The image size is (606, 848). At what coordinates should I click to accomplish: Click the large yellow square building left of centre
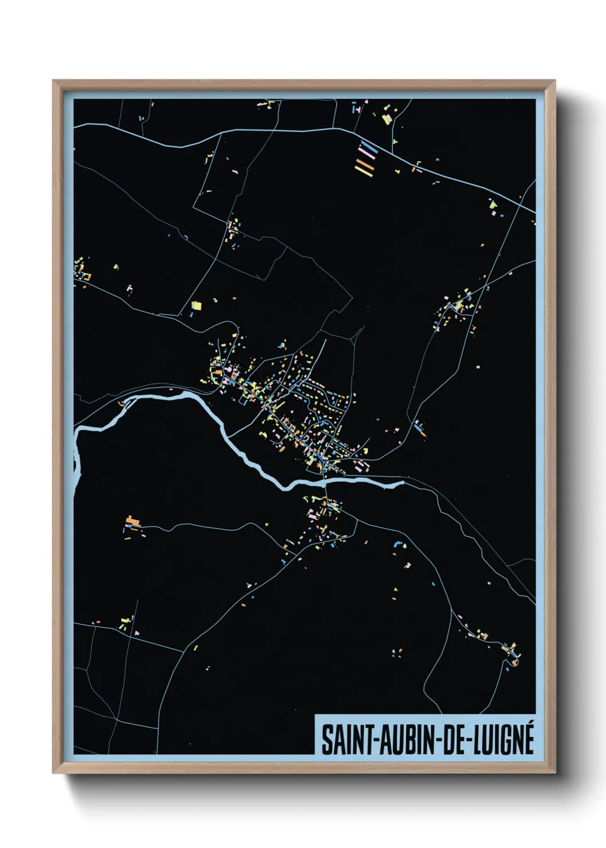coord(196,305)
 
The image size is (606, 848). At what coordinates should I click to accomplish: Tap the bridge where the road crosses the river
coord(325,482)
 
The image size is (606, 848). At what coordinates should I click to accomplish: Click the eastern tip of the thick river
coord(402,483)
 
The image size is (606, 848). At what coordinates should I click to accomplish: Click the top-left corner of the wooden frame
coord(54,81)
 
